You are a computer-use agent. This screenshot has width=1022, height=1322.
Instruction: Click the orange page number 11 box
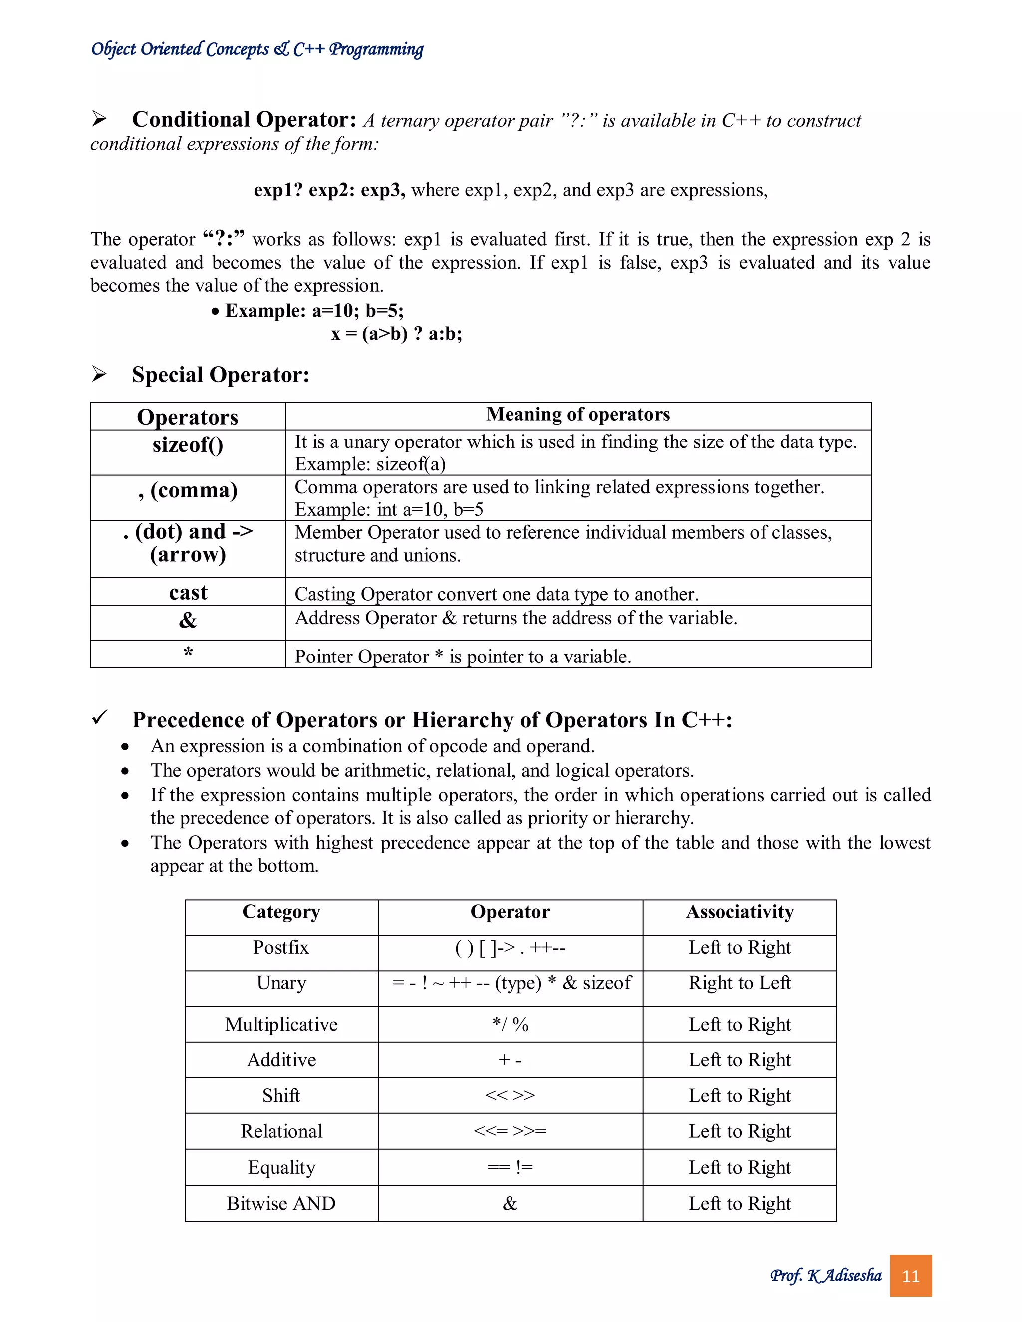pos(910,1276)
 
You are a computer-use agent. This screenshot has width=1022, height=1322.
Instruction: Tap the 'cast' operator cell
pos(188,592)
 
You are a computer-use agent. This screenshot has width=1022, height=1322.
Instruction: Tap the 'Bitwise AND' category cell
pos(281,1203)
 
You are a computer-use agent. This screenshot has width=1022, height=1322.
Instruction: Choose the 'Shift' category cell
pos(281,1095)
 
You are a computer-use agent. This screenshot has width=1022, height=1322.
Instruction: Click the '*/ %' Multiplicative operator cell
pos(510,1024)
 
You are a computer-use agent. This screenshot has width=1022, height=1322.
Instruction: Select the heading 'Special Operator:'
pos(221,375)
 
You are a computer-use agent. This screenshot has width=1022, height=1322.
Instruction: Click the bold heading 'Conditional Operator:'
pos(244,120)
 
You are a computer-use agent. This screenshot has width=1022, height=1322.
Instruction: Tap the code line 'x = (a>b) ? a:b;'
pos(397,334)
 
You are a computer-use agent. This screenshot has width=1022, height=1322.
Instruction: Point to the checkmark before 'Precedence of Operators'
pos(99,718)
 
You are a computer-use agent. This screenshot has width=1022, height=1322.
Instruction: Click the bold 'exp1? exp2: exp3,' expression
pos(329,190)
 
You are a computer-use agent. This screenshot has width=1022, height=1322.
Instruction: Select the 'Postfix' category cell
pos(281,947)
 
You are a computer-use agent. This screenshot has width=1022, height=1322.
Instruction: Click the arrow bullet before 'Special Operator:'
pos(99,374)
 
